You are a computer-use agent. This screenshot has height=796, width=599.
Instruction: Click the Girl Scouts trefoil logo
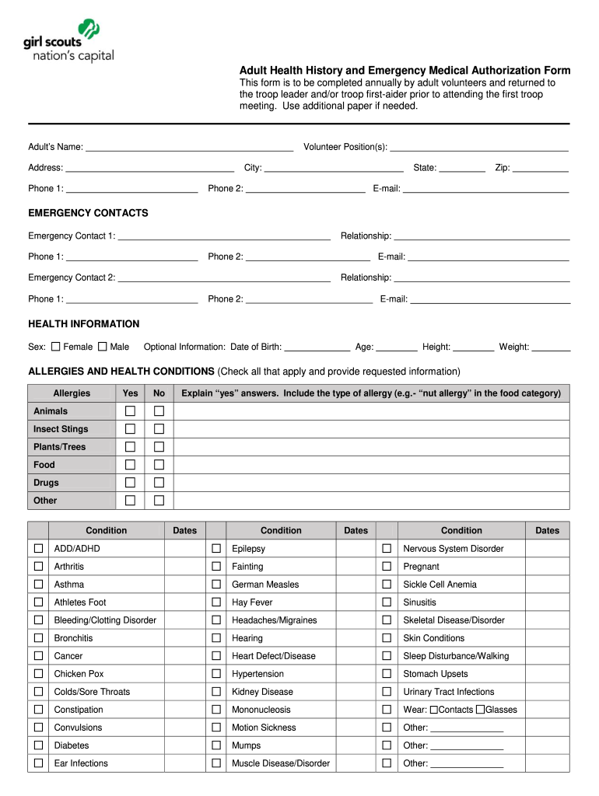(x=90, y=31)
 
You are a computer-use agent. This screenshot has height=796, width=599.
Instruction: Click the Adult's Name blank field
(x=189, y=146)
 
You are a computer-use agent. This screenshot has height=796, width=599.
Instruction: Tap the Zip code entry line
(x=541, y=167)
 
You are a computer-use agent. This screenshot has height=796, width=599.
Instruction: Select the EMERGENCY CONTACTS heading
(x=88, y=213)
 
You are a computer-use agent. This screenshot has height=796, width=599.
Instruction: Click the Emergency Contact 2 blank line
(x=224, y=278)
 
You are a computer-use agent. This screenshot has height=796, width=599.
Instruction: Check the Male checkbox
(x=102, y=347)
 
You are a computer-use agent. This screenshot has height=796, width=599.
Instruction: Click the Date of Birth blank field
(x=317, y=347)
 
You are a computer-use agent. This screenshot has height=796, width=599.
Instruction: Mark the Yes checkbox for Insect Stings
(x=131, y=429)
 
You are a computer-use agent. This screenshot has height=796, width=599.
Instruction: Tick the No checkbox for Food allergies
(x=159, y=465)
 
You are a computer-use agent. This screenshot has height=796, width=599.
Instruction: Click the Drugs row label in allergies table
(x=46, y=483)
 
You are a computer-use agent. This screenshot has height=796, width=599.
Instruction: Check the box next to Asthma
(x=38, y=585)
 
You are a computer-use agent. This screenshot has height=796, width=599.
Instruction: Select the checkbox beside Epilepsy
(x=216, y=549)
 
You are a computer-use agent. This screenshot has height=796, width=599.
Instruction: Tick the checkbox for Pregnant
(x=387, y=567)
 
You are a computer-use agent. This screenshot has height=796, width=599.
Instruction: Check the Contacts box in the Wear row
(x=434, y=710)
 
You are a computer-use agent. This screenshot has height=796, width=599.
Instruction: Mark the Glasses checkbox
(x=481, y=710)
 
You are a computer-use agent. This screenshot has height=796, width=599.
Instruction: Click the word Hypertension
(x=257, y=674)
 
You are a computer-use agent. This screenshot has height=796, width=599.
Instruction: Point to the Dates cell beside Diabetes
(x=184, y=745)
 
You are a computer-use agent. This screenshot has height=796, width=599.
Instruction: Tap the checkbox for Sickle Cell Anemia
(x=387, y=585)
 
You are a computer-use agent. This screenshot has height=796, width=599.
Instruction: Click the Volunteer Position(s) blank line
(x=479, y=146)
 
